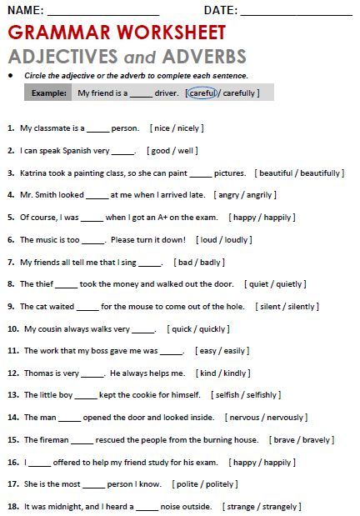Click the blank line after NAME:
tap(103, 12)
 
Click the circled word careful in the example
tap(202, 93)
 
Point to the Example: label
tap(49, 93)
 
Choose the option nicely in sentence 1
tap(186, 128)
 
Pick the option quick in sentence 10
tap(183, 328)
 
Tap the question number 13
tap(12, 395)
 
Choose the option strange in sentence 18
tap(242, 506)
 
